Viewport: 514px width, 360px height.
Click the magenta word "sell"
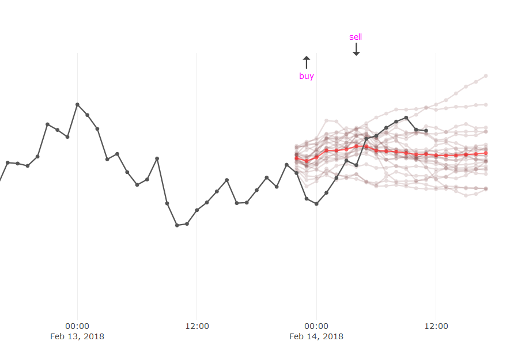pos(356,37)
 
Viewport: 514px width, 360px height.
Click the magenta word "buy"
pos(307,76)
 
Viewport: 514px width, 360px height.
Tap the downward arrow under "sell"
pos(356,50)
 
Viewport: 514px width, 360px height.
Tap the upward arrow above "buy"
pos(307,62)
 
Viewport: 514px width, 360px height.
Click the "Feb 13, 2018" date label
pos(77,336)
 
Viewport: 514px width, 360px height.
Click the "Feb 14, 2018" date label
pos(316,336)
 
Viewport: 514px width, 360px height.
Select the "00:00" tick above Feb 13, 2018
pos(77,326)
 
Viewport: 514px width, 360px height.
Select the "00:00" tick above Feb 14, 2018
pos(316,326)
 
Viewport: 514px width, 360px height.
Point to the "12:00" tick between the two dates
pos(197,326)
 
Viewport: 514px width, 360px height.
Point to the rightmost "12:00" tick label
pos(436,326)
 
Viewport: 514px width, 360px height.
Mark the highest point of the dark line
pos(77,104)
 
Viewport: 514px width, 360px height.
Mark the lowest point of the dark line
pos(177,225)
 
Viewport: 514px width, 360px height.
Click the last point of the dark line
pos(426,131)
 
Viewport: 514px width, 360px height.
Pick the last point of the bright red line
pos(486,153)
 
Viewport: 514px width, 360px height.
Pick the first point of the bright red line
pos(296,158)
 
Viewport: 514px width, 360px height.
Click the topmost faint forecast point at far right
pos(486,75)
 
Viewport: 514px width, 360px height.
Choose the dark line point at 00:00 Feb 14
pos(316,204)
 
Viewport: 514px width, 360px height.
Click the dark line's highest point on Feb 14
pos(406,118)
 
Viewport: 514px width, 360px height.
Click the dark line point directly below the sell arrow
pos(356,165)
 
